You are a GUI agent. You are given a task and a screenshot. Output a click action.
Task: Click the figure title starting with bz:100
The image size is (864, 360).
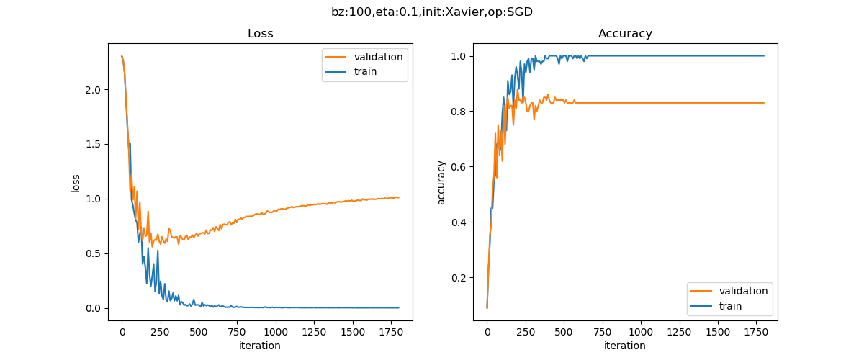click(432, 12)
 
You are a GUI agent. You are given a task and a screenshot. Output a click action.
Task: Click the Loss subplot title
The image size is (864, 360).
click(260, 34)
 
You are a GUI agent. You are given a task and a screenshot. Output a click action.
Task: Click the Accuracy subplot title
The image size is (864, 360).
click(625, 34)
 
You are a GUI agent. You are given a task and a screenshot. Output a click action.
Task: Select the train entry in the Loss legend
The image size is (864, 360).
click(365, 71)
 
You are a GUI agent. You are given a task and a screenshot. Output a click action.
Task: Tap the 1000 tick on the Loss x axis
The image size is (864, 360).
click(275, 332)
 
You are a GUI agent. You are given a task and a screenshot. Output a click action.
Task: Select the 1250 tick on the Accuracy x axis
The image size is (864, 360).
click(679, 332)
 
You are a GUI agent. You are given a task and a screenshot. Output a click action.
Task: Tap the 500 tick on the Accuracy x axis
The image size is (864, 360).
click(564, 332)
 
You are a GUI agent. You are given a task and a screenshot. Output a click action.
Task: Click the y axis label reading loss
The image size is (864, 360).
click(76, 183)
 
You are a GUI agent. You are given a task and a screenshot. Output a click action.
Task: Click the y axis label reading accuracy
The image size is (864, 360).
click(441, 183)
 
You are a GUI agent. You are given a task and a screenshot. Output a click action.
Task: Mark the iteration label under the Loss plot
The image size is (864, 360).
click(260, 346)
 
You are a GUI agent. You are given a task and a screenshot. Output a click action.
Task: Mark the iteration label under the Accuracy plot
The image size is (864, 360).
click(625, 346)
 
